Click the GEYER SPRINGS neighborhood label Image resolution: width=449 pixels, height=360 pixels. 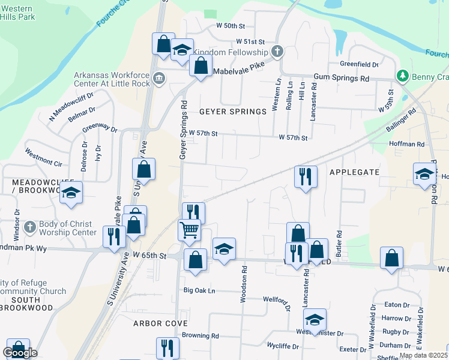[232, 112]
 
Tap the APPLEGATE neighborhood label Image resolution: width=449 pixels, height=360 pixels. [354, 172]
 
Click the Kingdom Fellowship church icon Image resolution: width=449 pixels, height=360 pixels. [277, 52]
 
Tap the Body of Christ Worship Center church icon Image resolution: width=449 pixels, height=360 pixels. [31, 228]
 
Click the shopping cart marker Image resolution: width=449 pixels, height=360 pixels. [190, 229]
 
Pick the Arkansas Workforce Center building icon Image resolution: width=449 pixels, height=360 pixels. [158, 78]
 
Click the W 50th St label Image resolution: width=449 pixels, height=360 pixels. [231, 26]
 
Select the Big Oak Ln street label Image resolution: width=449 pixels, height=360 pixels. [199, 290]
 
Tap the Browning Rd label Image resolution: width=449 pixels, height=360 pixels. [200, 336]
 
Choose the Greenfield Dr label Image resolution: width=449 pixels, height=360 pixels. [359, 64]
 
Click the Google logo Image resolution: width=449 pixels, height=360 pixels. [20, 353]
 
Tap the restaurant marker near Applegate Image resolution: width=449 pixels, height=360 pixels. [306, 177]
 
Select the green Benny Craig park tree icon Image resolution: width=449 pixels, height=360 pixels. [403, 76]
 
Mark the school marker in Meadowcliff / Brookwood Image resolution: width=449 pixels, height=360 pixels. [71, 193]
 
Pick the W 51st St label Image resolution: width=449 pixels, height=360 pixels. [250, 42]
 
